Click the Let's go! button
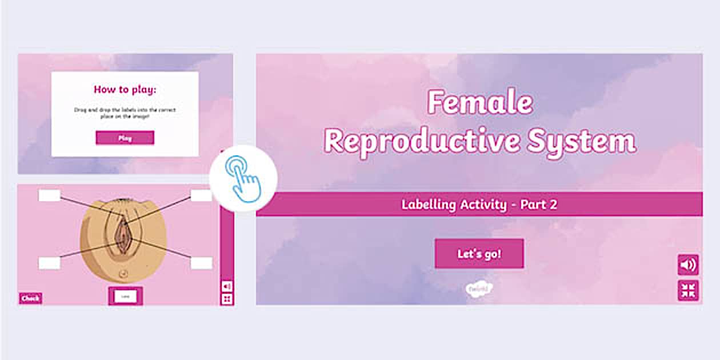click(x=479, y=254)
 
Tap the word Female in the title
click(x=480, y=103)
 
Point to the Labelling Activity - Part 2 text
click(x=479, y=205)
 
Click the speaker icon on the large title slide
click(x=688, y=265)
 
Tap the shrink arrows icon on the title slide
click(x=688, y=290)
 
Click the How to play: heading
click(x=125, y=89)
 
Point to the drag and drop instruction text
click(x=125, y=112)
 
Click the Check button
click(x=30, y=298)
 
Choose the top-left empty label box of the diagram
click(x=49, y=195)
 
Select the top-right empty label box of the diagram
click(x=201, y=195)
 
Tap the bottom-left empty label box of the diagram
click(x=49, y=263)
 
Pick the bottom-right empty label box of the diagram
click(x=201, y=263)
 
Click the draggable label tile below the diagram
click(x=125, y=296)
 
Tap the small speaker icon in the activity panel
click(x=227, y=286)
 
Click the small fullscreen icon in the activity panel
click(x=227, y=299)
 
